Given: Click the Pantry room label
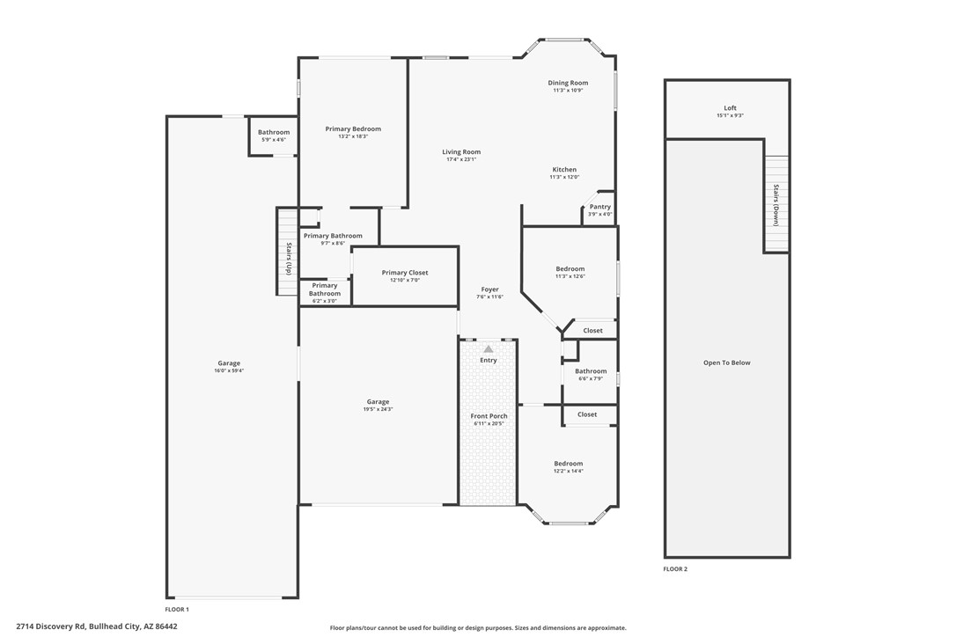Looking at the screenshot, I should coord(599,207).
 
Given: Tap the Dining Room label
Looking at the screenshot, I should coord(568,83).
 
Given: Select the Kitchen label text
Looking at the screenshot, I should coord(564,170).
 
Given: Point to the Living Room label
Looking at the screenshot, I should coord(461,152).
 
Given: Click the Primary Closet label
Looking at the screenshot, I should coord(405,273).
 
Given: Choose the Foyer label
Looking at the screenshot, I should coord(489,289).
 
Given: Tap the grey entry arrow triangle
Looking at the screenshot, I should coord(489,349).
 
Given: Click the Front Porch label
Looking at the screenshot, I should coord(489,416).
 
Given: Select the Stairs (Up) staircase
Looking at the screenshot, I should coord(287,251).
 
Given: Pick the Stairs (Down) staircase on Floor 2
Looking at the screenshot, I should coord(776,204).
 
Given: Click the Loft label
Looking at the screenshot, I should coord(730,108).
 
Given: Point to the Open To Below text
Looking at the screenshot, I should coord(726,362).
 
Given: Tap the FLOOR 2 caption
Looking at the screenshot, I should coord(675,569).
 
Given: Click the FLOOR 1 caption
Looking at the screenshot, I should coord(177,609).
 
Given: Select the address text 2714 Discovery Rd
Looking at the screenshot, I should coord(97,626).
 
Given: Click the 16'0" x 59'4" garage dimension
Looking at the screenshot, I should coord(229,371).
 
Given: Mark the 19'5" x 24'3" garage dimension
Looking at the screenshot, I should coord(378,409).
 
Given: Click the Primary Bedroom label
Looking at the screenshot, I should coord(353,129).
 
